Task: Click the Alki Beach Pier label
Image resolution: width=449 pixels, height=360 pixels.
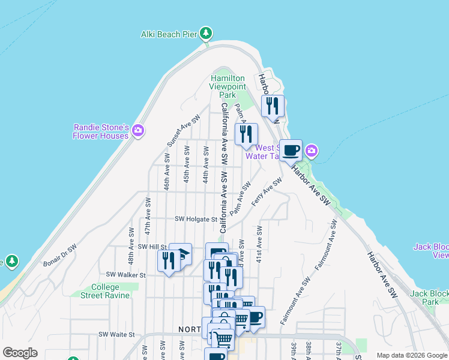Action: [169, 34]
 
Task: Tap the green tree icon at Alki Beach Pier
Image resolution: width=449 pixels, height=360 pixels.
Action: [206, 32]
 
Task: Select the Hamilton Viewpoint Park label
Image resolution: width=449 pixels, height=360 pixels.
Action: [228, 86]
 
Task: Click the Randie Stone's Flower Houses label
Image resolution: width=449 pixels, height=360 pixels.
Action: [101, 131]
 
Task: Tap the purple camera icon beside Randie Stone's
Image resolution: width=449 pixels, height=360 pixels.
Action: [138, 130]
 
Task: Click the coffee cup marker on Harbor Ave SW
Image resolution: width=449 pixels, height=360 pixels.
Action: [291, 151]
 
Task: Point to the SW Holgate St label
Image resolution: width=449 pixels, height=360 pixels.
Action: [195, 219]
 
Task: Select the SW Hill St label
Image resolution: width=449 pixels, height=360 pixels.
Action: [152, 247]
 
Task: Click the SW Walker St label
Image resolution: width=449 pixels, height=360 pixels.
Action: [125, 275]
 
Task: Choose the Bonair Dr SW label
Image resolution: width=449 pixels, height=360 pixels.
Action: [60, 255]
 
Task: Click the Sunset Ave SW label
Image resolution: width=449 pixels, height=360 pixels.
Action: [182, 131]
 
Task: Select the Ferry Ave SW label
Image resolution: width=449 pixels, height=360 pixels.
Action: [267, 192]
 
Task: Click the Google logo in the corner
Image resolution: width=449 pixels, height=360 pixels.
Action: [20, 353]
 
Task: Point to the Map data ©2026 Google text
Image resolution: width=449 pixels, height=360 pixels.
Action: [412, 355]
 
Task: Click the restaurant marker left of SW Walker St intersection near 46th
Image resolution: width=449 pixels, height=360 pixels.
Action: [167, 261]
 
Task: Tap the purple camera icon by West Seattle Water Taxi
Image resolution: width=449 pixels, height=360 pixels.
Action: [312, 150]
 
